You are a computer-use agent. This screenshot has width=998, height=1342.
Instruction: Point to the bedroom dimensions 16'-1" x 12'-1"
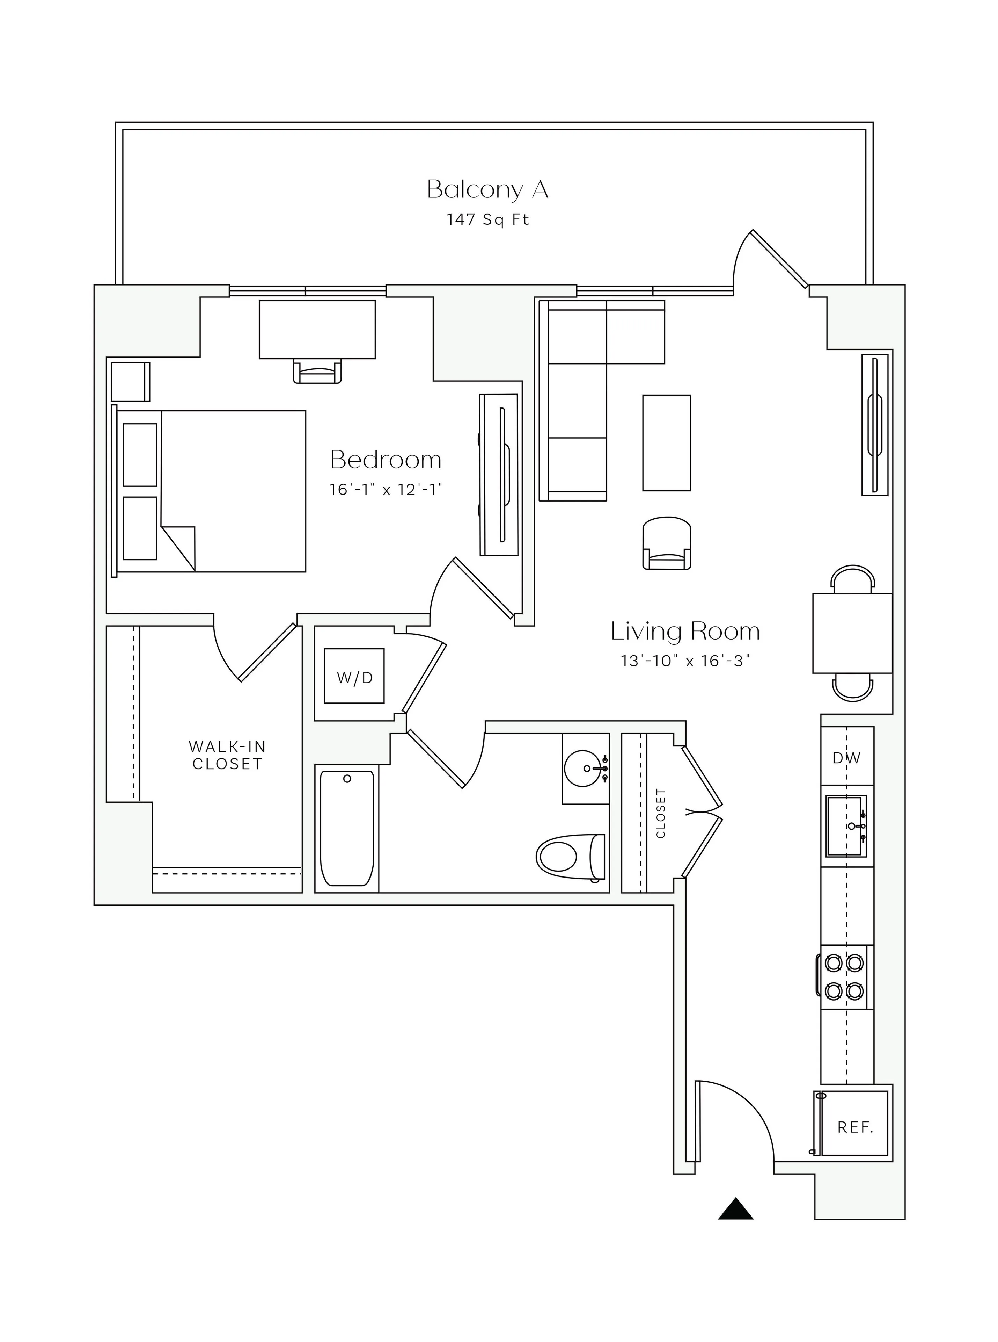386,489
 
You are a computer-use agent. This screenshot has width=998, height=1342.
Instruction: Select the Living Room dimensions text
685,661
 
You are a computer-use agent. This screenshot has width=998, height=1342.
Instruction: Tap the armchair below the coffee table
666,542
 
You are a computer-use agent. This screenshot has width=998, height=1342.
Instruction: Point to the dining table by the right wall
852,633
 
